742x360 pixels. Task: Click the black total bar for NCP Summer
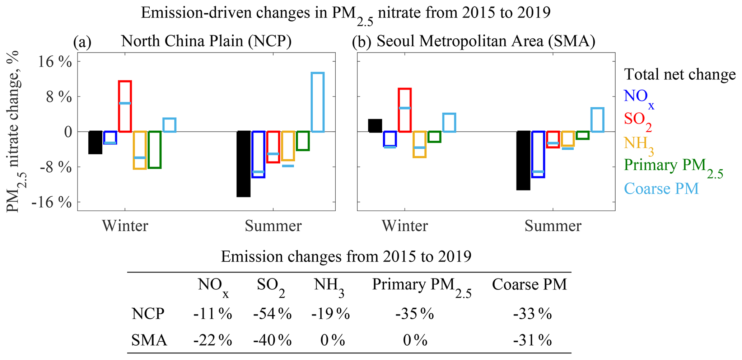243,164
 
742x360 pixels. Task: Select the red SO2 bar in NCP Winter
125,106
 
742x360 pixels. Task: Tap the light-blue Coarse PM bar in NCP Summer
317,102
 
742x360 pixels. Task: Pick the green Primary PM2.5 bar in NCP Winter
154,150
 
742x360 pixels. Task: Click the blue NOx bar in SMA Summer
538,154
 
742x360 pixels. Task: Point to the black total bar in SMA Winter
375,126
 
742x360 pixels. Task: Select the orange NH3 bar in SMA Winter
419,144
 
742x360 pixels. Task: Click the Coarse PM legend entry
661,188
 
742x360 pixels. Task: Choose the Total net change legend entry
680,74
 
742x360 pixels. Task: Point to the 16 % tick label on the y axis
55,62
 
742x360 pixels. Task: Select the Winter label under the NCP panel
125,226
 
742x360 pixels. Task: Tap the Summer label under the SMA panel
553,226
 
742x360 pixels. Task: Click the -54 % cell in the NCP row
272,314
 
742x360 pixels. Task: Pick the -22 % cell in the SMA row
213,340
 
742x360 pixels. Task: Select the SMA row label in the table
149,340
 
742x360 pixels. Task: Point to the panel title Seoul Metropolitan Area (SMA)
486,42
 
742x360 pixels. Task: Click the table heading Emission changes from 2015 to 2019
346,257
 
